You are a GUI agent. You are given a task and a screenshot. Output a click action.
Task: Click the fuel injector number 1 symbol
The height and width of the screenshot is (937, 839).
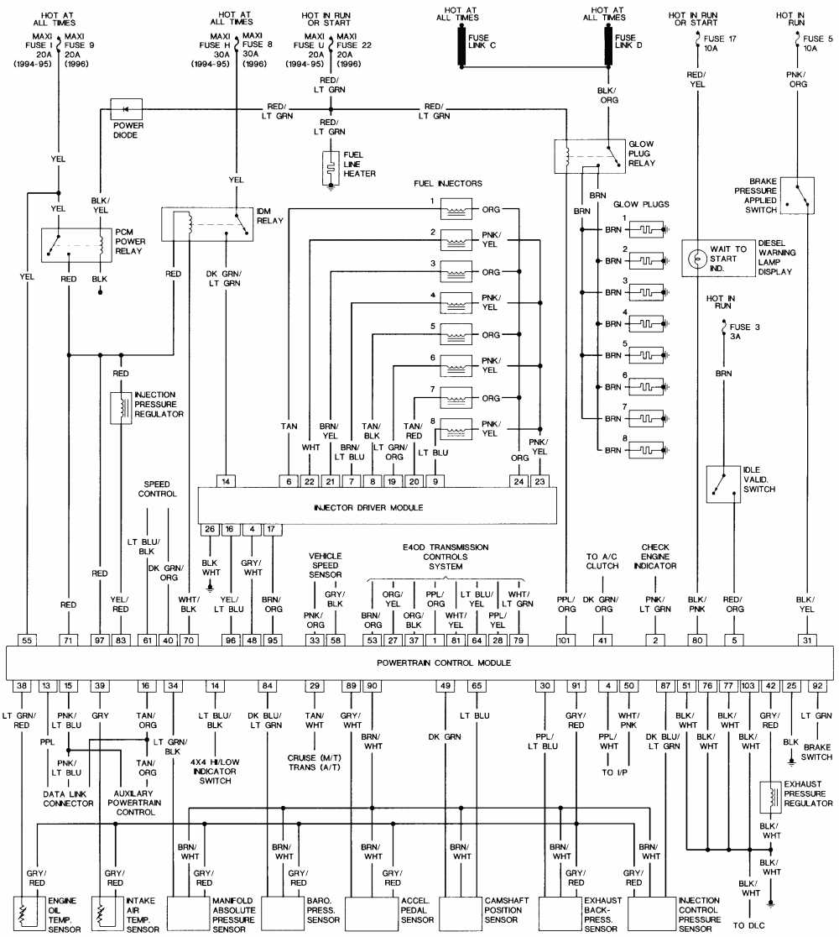click(457, 207)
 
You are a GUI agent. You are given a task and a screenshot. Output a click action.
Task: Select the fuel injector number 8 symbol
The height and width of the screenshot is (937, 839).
click(457, 427)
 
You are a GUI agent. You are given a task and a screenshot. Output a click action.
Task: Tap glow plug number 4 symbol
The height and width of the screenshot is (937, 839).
click(647, 323)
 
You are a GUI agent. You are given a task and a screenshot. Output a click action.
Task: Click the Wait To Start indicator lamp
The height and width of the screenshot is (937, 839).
click(696, 259)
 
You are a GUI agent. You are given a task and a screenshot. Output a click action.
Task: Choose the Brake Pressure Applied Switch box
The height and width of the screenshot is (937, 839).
click(797, 195)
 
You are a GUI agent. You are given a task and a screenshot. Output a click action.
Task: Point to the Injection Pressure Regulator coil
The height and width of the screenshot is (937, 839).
click(122, 406)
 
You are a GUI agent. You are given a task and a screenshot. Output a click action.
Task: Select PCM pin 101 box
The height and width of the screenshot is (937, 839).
click(566, 639)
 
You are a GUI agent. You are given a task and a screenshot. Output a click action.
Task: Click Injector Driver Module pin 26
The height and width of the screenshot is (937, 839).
click(209, 529)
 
